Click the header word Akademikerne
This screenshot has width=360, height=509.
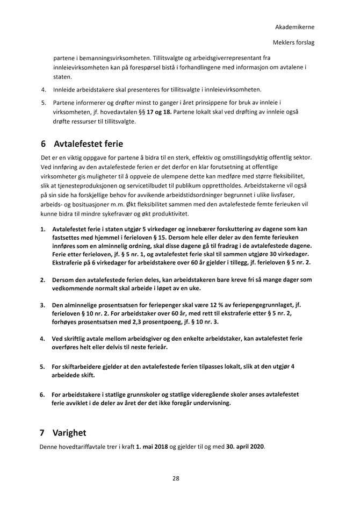[x=294, y=27]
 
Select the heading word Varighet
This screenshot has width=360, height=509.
[x=69, y=433]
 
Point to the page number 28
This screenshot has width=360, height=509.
[x=176, y=478]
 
